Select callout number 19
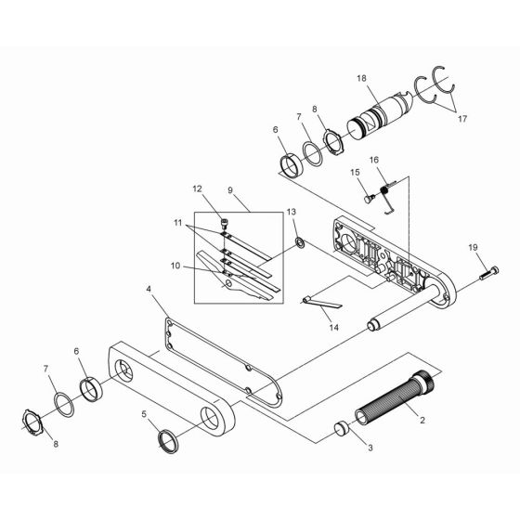tap(473, 247)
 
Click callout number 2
tap(422, 421)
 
